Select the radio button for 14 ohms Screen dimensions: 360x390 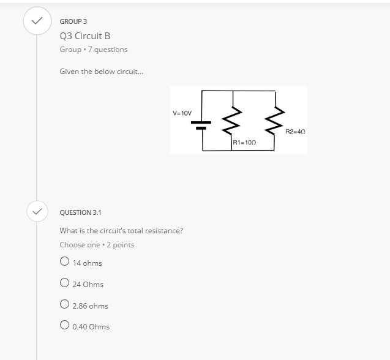[x=64, y=262]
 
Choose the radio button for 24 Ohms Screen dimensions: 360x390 [x=64, y=283]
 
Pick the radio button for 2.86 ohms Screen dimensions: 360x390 [x=64, y=305]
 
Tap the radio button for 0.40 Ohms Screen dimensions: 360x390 [x=64, y=326]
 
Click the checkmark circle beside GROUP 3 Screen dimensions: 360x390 [x=37, y=21]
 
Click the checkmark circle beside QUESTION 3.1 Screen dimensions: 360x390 [x=37, y=212]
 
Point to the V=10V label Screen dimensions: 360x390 [x=182, y=113]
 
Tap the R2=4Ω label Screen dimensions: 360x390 [x=295, y=131]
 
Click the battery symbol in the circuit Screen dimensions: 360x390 [x=202, y=124]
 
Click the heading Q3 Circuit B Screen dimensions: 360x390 [x=85, y=36]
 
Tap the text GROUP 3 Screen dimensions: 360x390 [x=73, y=21]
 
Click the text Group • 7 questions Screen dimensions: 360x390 [x=94, y=50]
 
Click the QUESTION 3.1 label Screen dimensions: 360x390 [x=81, y=212]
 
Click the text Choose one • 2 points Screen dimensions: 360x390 [x=97, y=245]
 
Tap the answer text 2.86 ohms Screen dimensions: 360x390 [x=90, y=306]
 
